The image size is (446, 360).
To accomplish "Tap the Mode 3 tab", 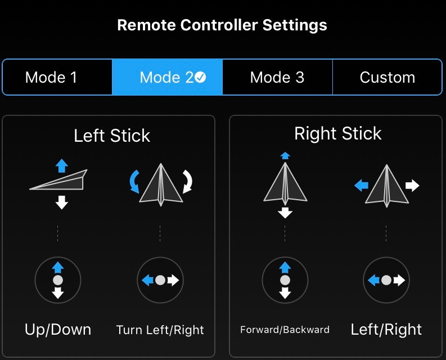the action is [277, 77].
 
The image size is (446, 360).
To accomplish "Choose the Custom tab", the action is [387, 77].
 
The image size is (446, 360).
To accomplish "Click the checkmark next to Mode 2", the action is [201, 77].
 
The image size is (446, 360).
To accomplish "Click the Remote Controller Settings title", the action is [222, 25].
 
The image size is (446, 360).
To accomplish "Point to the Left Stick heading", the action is [112, 136].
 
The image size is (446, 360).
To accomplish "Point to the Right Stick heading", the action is [337, 133].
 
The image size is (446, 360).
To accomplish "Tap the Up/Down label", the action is [58, 330].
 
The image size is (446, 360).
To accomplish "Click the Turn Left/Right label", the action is [160, 330].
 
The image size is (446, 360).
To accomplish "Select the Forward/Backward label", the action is [285, 330].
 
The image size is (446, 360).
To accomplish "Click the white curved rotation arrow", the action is [188, 182].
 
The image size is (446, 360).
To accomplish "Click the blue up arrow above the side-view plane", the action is [62, 165].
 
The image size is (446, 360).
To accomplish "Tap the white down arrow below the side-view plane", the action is [62, 202].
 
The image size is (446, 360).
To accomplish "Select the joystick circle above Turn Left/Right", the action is [160, 280].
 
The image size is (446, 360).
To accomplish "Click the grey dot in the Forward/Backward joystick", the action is [285, 280].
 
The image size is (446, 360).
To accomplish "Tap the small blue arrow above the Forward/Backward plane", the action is [285, 156].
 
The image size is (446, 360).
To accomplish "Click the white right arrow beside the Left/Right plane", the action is [412, 186].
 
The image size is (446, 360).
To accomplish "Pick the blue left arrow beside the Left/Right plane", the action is [361, 186].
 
